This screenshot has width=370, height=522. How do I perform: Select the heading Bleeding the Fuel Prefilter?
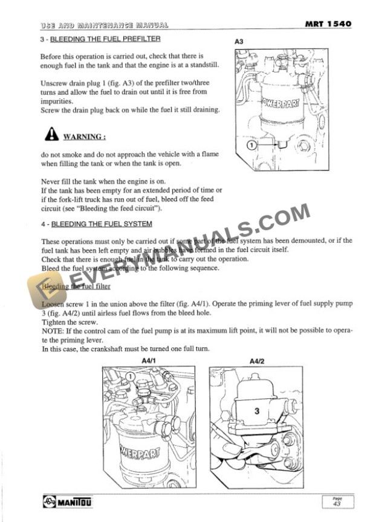click(x=105, y=39)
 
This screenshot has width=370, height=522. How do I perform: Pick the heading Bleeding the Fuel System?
click(x=100, y=225)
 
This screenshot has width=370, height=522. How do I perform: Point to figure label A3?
click(x=238, y=42)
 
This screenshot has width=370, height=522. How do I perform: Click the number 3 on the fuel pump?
click(x=256, y=411)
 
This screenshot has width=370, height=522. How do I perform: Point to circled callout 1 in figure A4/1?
click(x=129, y=376)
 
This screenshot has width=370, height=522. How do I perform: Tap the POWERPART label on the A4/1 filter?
click(x=140, y=451)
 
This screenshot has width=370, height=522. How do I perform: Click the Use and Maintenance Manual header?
click(x=103, y=25)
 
